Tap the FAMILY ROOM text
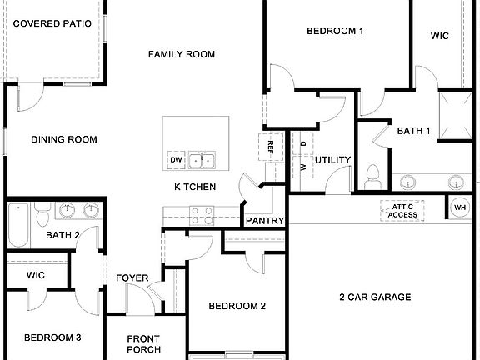182,54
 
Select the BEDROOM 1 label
335,32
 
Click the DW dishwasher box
176,160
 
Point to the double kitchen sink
201,160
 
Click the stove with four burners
201,215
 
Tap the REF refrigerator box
271,147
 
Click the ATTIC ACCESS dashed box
403,210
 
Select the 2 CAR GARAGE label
374,297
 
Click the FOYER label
132,278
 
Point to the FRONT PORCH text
143,343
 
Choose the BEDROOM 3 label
52,337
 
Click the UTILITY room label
332,160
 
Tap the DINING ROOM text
64,140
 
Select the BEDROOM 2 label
237,306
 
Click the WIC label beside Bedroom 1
440,36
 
